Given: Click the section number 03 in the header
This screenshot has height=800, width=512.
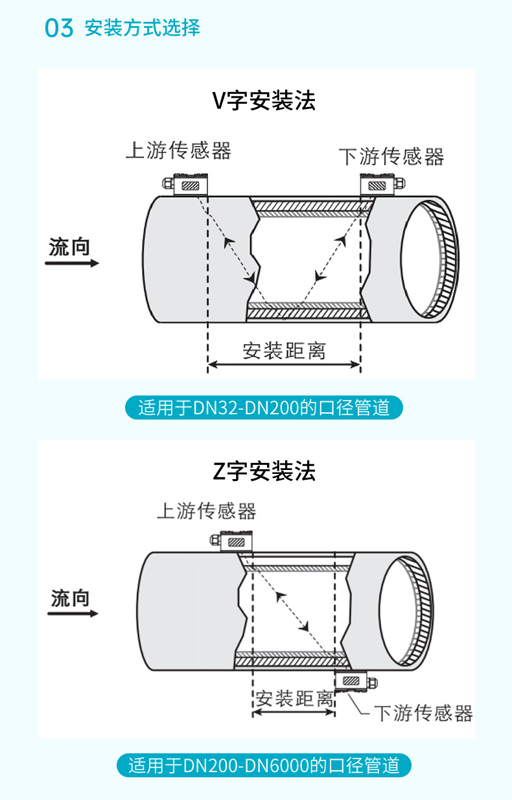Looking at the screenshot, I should pos(59,29).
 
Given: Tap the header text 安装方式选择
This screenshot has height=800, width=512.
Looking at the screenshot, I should pos(142,28).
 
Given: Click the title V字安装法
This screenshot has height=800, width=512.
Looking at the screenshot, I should pos(264,100).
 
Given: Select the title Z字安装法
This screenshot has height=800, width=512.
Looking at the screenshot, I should pos(264,471).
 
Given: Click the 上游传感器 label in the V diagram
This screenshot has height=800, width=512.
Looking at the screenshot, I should pos(178,150).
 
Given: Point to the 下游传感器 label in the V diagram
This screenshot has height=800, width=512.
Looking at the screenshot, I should pos(391,156).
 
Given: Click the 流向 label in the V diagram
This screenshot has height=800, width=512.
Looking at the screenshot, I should pos(69,247).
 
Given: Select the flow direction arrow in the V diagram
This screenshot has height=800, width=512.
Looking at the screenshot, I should pos(72,263).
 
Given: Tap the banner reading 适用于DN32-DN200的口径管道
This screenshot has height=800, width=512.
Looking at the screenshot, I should pos(264,408).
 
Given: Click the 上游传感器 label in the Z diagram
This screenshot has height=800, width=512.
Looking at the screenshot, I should pos(207,511).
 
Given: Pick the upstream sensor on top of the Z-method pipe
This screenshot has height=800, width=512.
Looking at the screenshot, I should pos(234,541).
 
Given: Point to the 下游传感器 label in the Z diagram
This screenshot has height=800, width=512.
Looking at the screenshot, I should pos(424,713).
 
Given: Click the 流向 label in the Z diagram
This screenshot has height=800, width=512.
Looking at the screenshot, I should pos(70,598).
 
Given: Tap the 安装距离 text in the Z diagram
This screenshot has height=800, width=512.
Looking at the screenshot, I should pos(294,698).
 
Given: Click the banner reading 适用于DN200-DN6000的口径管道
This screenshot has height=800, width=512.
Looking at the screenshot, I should pos(264,766).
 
